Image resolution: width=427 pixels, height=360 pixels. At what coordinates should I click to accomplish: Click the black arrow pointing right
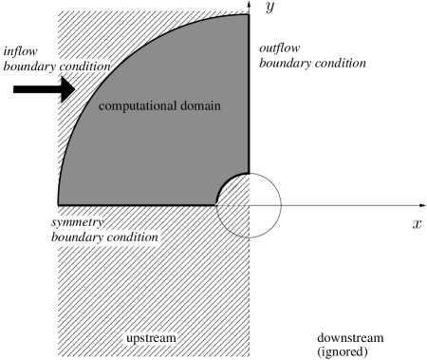(x=65, y=90)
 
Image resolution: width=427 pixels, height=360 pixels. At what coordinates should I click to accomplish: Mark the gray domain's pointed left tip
(x=61, y=202)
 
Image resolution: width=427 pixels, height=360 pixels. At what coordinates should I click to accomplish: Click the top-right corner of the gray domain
(x=248, y=16)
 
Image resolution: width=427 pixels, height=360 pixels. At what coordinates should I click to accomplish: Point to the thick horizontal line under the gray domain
(x=142, y=205)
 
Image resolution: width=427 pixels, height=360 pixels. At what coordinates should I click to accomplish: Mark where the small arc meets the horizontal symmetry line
(x=217, y=205)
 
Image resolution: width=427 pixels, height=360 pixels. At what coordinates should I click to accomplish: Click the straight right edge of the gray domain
(x=249, y=95)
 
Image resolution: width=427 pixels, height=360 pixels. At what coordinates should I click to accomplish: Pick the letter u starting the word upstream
(x=130, y=339)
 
